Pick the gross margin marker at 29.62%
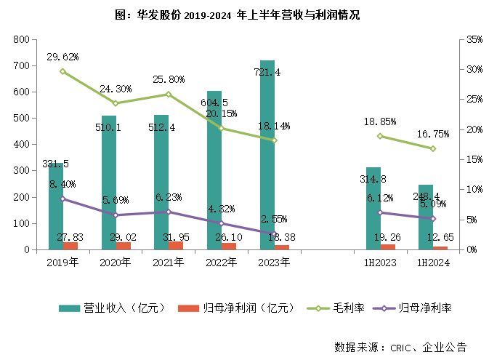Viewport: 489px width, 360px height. pyautogui.click(x=62, y=71)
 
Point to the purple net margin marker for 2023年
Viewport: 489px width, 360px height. pyautogui.click(x=275, y=234)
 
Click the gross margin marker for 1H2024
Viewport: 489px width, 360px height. pyautogui.click(x=432, y=148)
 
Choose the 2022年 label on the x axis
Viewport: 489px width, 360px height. pyautogui.click(x=222, y=263)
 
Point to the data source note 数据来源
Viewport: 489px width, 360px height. pyautogui.click(x=399, y=346)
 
